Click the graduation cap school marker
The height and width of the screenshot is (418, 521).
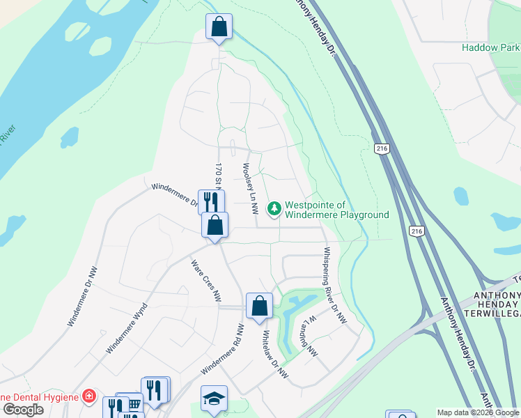point(215,398)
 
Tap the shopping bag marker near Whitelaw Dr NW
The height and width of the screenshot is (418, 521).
point(259,306)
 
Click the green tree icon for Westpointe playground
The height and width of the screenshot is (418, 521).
point(274,208)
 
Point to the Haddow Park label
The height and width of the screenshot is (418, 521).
point(490,48)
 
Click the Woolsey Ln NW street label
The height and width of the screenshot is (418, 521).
point(249,188)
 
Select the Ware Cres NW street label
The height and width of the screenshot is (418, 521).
point(206,281)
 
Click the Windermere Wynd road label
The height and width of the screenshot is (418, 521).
point(126,328)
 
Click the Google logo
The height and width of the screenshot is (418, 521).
point(23,409)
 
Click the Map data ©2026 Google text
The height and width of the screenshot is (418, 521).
point(478,412)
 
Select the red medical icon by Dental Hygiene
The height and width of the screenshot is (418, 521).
point(88,396)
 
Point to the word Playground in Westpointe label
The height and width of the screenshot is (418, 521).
point(360,215)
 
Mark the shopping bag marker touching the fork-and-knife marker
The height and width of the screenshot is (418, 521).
point(215,226)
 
